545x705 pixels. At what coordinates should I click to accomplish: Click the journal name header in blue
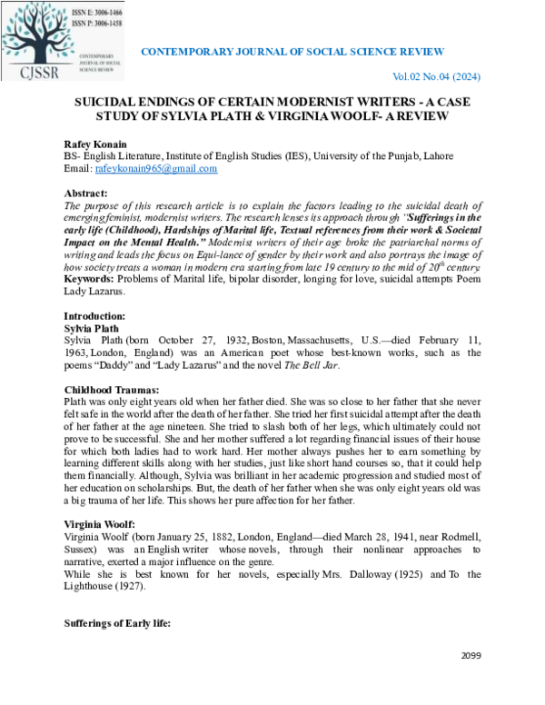point(292,52)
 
